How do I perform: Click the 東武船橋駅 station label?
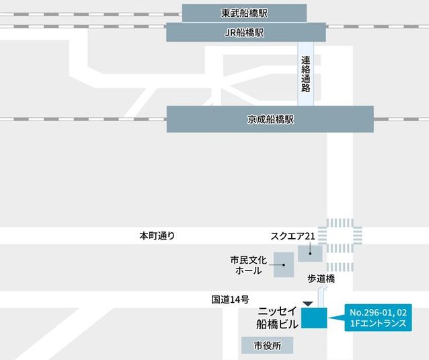point(244,13)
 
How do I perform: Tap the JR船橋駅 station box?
point(245,32)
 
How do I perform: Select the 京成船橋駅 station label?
point(270,119)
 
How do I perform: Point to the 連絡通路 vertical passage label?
point(306,73)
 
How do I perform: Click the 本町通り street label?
point(157,236)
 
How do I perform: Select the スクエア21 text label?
point(292,236)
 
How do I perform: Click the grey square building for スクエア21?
point(310,253)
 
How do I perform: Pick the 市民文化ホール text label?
point(248,264)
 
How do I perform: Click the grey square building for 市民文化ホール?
point(284,264)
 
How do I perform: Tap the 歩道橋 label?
point(321,278)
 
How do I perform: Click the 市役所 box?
point(268,345)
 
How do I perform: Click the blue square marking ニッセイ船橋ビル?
point(313,318)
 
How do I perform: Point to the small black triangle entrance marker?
point(307,304)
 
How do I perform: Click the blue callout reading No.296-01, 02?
point(379,312)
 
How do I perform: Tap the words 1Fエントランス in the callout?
point(379,324)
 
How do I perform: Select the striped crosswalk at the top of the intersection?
point(340,223)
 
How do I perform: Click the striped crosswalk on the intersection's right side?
point(358,236)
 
